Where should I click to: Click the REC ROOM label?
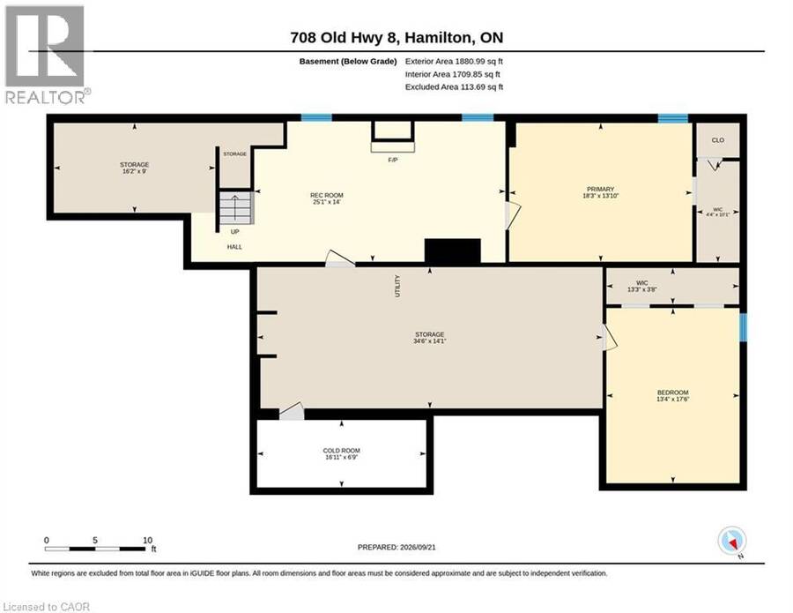pyautogui.click(x=327, y=196)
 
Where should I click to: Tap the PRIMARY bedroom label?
pyautogui.click(x=601, y=190)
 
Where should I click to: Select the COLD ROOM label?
pyautogui.click(x=341, y=451)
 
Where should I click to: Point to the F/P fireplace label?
pyautogui.click(x=392, y=160)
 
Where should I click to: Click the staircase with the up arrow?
pyautogui.click(x=235, y=207)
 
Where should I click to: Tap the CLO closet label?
pyautogui.click(x=717, y=140)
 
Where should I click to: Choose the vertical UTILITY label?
pyautogui.click(x=397, y=286)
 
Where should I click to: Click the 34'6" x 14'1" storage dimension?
pyautogui.click(x=429, y=341)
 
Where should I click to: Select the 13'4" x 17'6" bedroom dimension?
pyautogui.click(x=672, y=399)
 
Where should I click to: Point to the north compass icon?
pyautogui.click(x=732, y=542)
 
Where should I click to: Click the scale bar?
pyautogui.click(x=95, y=549)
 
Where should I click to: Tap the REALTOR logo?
pyautogui.click(x=47, y=55)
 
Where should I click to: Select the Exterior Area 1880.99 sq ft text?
pyautogui.click(x=454, y=61)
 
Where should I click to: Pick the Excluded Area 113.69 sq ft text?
pyautogui.click(x=454, y=86)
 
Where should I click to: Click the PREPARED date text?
pyautogui.click(x=396, y=547)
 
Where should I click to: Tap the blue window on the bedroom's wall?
pyautogui.click(x=743, y=327)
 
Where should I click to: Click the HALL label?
pyautogui.click(x=234, y=247)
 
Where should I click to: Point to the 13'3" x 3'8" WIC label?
pyautogui.click(x=641, y=287)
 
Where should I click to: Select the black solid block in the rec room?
pyautogui.click(x=452, y=250)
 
